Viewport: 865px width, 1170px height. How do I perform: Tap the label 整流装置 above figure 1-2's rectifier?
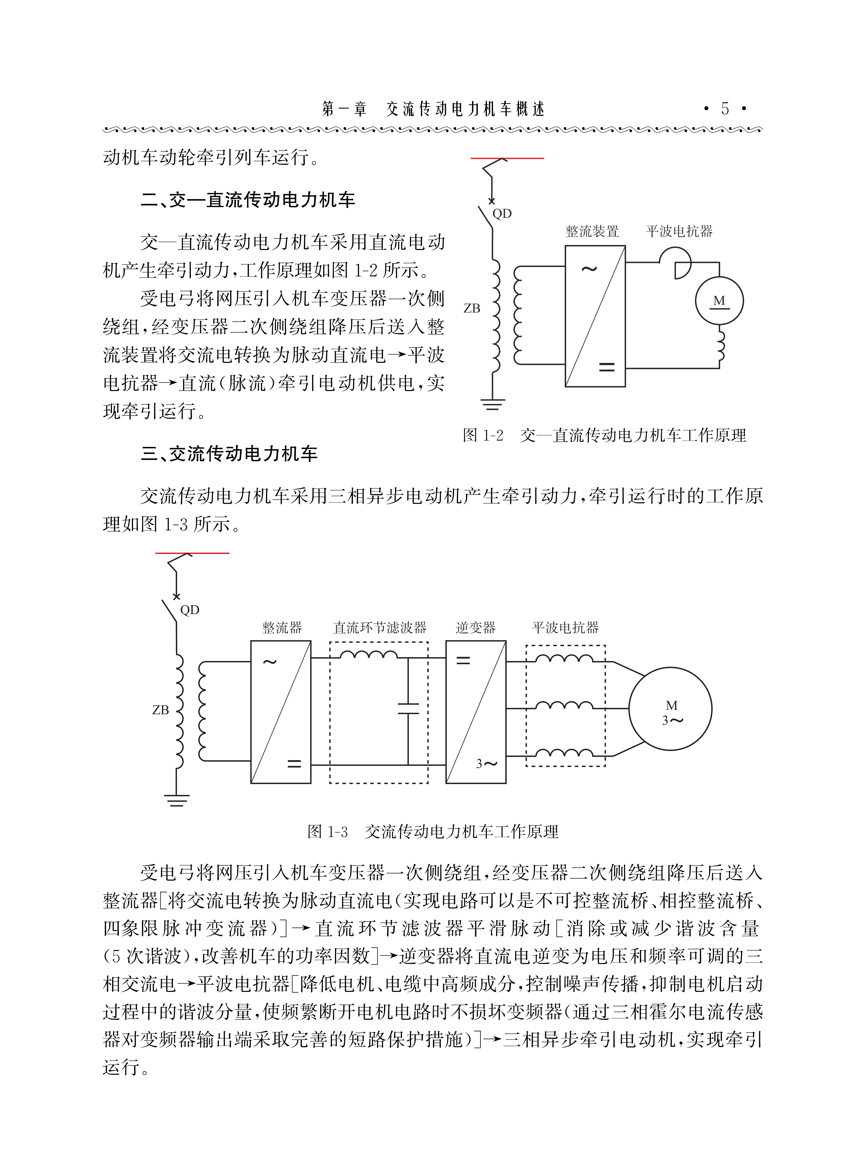point(592,231)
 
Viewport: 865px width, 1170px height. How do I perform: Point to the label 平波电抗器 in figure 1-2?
point(679,231)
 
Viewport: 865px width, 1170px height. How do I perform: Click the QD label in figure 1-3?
point(190,610)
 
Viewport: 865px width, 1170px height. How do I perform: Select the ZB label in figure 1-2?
point(472,308)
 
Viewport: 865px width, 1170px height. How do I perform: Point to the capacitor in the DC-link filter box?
point(408,709)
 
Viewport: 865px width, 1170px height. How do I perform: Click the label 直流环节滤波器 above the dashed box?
point(380,628)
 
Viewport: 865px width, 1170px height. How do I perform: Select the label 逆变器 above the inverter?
point(475,628)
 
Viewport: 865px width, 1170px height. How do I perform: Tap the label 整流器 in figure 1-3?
point(282,628)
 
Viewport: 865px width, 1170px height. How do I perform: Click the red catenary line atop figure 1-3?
point(192,553)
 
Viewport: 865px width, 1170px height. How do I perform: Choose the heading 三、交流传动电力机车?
point(229,453)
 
